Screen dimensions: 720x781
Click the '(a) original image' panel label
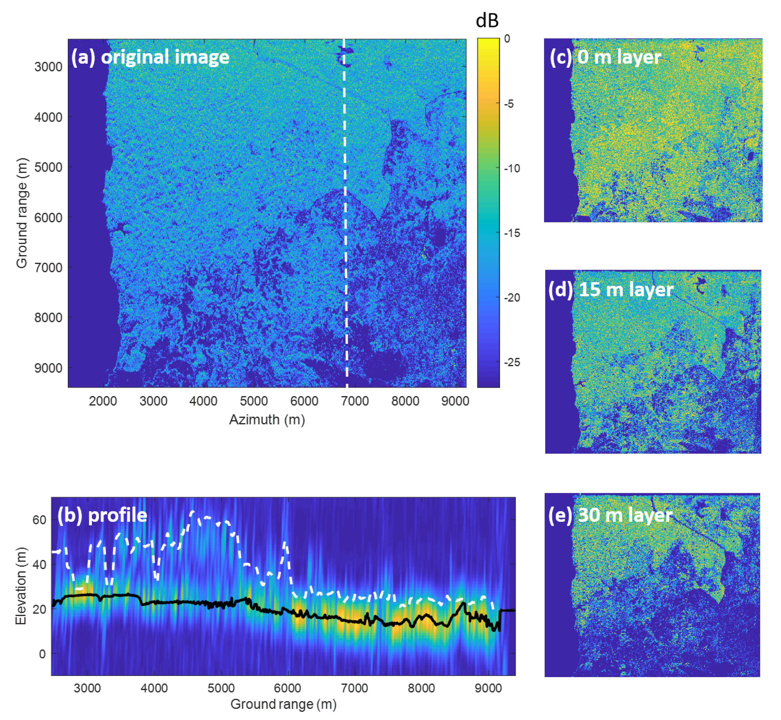[x=150, y=57]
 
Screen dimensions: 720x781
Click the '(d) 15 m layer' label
[x=610, y=290]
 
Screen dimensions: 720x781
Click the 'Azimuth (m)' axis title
[x=267, y=420]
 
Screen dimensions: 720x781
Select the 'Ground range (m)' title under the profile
[x=283, y=704]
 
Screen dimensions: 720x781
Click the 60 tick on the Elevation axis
[x=39, y=520]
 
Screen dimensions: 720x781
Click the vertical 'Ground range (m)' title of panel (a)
[x=22, y=213]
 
